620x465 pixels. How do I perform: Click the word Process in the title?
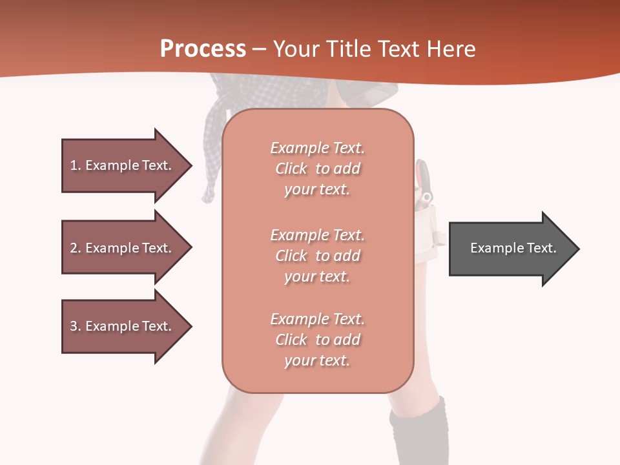tap(203, 48)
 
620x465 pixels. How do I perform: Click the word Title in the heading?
tap(349, 49)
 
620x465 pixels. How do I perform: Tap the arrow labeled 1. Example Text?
tap(123, 165)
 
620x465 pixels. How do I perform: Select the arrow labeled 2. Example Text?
tap(123, 248)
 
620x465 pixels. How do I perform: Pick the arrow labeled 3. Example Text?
tap(123, 326)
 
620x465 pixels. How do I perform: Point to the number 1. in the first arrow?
tap(76, 165)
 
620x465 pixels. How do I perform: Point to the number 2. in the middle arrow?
tap(76, 248)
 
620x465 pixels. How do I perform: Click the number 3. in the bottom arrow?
tap(76, 326)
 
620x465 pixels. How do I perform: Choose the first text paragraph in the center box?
tap(317, 169)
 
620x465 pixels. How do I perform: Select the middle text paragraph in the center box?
tap(317, 256)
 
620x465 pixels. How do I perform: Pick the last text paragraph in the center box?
tap(317, 340)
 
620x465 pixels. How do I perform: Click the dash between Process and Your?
tap(260, 50)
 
